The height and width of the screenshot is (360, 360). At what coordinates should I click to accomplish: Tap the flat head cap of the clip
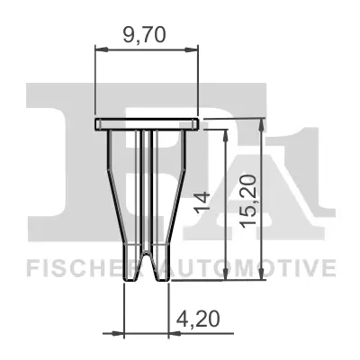[x=146, y=123]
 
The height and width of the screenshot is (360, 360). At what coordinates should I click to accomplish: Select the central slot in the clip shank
[x=146, y=189]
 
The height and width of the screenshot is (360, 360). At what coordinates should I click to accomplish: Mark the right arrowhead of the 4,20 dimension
[x=173, y=333]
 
